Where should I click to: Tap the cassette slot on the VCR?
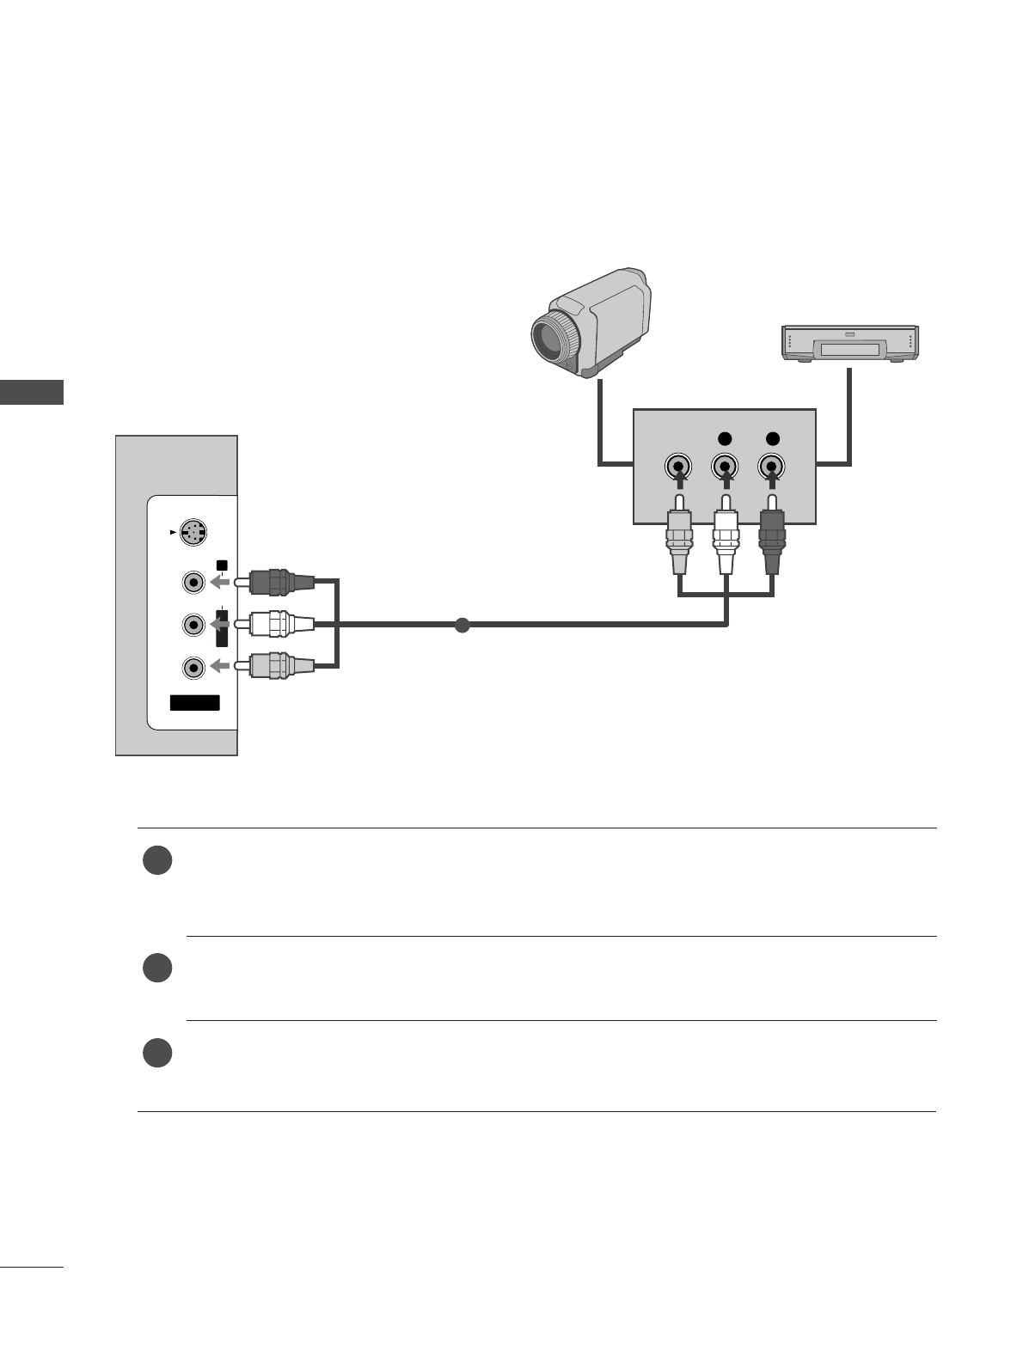tap(849, 349)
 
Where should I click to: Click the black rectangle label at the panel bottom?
tap(194, 703)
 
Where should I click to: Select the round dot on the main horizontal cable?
tap(462, 625)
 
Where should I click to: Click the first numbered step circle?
tap(157, 861)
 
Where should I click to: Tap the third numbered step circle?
tap(157, 1053)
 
